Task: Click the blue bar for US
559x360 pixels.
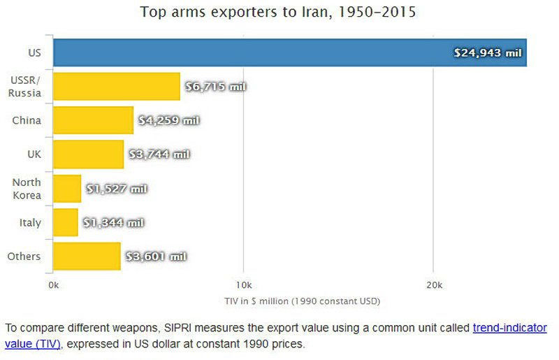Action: [x=279, y=52]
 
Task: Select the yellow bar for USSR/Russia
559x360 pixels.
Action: [x=116, y=87]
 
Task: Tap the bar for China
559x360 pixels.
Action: [x=92, y=120]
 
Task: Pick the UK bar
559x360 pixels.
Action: [x=88, y=154]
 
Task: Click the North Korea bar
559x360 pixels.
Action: [x=67, y=189]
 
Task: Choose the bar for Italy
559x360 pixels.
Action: [x=65, y=222]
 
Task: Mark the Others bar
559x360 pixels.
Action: [x=87, y=257]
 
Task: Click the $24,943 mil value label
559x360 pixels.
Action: [x=488, y=53]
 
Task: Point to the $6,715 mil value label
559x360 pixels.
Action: [x=216, y=87]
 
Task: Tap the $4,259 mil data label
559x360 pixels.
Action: [x=169, y=120]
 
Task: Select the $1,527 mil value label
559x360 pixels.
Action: [x=117, y=189]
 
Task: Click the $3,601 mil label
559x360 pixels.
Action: [x=156, y=257]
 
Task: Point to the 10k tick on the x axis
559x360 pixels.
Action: [x=243, y=285]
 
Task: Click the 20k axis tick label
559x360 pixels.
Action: [x=434, y=285]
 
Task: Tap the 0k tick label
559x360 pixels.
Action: [x=54, y=285]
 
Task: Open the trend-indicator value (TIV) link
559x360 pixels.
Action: [x=509, y=328]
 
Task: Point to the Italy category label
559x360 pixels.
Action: [x=30, y=223]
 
